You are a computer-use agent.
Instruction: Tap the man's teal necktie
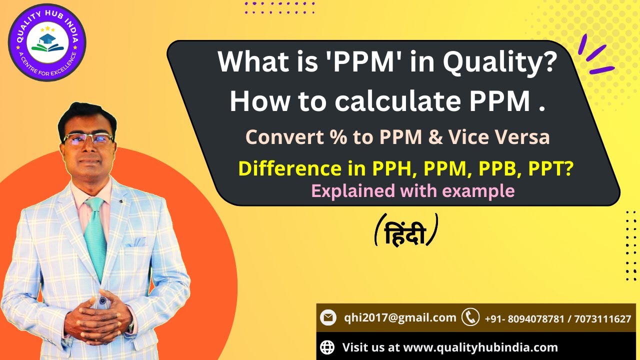[94, 235]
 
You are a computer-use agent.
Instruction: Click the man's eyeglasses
[88, 139]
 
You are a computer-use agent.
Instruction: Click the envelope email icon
[328, 317]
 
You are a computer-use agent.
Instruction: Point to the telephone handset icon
[470, 317]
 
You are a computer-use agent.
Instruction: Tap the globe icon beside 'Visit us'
[327, 347]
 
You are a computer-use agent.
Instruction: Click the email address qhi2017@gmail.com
[400, 317]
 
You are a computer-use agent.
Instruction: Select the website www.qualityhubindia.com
[480, 347]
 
